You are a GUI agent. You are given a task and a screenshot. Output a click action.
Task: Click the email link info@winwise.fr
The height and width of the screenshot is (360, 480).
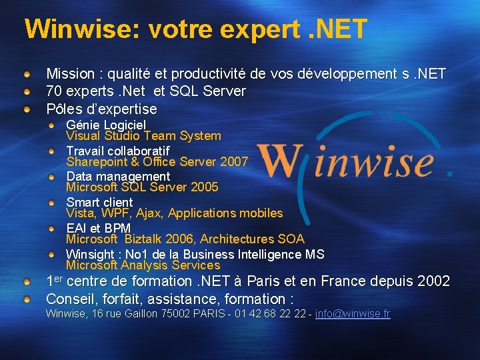(353, 313)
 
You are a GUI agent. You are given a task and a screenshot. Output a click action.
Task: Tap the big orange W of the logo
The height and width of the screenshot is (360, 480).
(280, 162)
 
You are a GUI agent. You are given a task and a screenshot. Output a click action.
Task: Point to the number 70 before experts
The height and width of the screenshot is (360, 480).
(54, 91)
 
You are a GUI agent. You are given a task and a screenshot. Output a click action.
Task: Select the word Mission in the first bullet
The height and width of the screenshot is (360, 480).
(70, 73)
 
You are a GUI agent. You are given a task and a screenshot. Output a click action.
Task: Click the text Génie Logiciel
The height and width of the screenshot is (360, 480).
(106, 125)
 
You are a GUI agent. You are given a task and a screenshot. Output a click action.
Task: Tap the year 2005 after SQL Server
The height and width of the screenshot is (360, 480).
(204, 187)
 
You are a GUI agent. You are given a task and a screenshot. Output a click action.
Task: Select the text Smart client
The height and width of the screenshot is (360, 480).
(99, 202)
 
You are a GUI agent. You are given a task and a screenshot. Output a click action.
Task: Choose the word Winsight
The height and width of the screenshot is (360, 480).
(90, 254)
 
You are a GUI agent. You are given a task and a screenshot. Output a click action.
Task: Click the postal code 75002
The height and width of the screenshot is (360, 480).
(176, 313)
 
